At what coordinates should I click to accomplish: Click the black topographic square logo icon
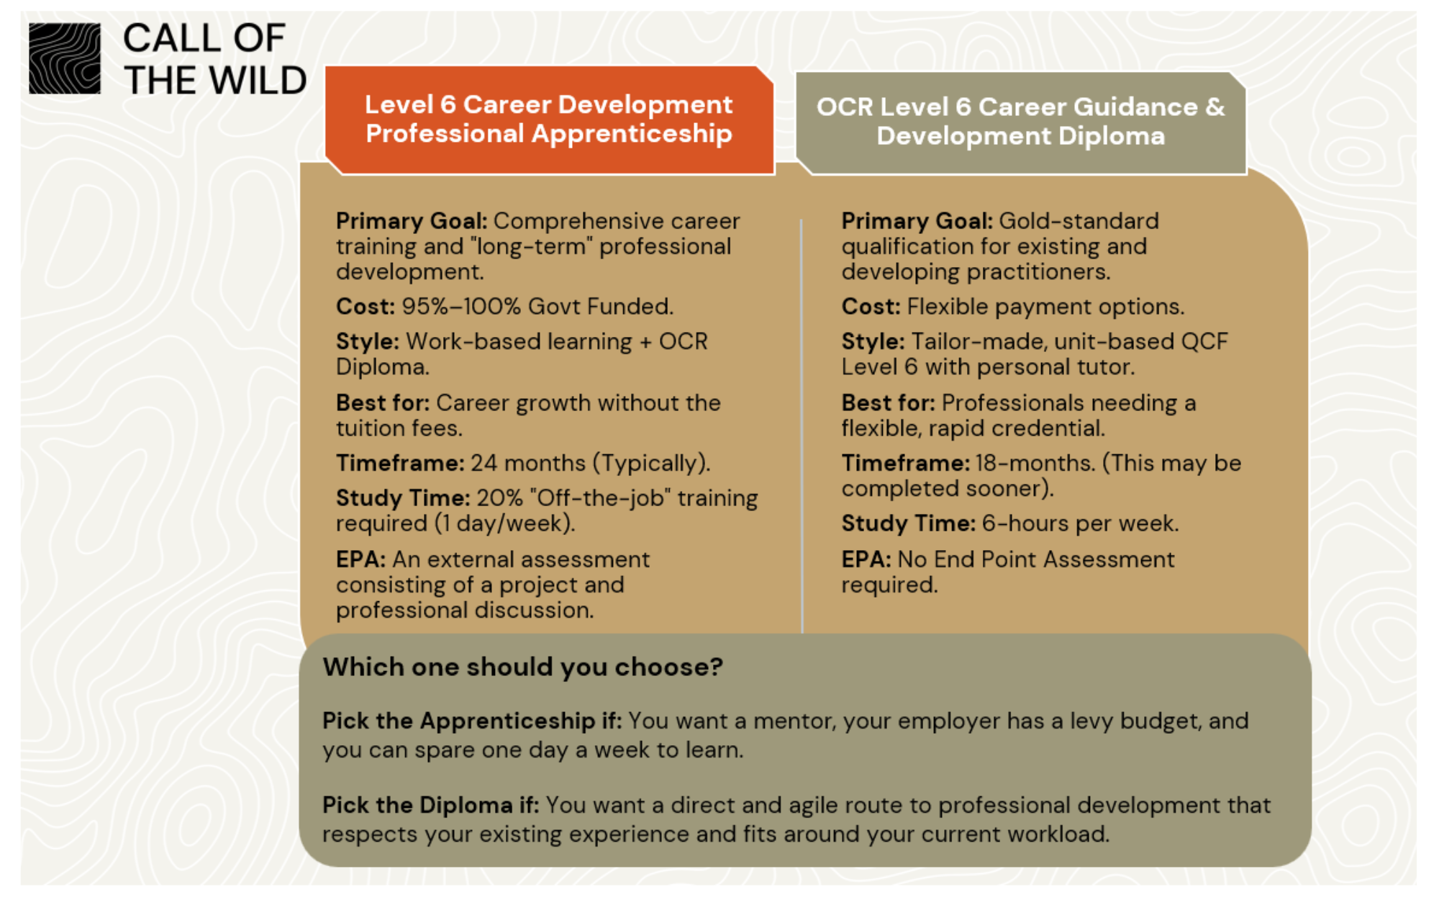click(x=65, y=58)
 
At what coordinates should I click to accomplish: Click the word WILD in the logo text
click(x=258, y=80)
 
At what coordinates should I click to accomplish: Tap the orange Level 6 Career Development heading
click(x=549, y=119)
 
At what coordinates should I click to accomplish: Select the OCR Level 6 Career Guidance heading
click(x=1020, y=121)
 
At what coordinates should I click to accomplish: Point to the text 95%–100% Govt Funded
click(x=537, y=307)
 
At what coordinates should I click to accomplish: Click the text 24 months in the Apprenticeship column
click(x=528, y=463)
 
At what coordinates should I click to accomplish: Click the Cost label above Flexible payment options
click(x=871, y=307)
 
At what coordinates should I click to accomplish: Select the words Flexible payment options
click(x=1045, y=307)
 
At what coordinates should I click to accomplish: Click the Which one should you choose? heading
click(x=523, y=667)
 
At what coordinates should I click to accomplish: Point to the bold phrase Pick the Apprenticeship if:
click(x=472, y=721)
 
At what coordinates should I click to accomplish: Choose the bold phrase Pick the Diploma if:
click(x=430, y=805)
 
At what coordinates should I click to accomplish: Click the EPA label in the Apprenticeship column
click(x=360, y=559)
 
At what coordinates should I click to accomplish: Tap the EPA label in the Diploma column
click(x=866, y=559)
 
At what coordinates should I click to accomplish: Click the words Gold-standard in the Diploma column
click(x=1079, y=221)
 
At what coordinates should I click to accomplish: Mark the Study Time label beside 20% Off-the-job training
click(x=403, y=498)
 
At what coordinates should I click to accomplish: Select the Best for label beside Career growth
click(x=383, y=402)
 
